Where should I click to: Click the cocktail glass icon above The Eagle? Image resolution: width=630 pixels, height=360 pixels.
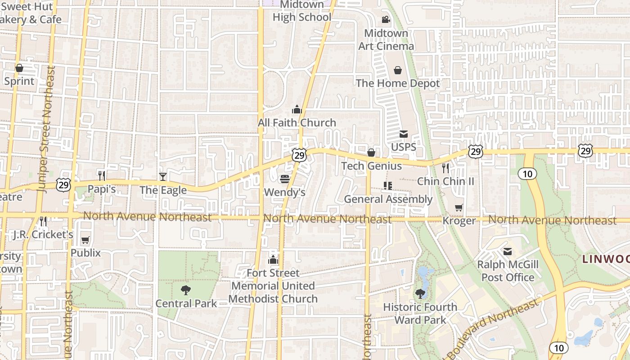(162, 176)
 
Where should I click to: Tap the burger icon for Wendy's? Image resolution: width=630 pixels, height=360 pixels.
(284, 179)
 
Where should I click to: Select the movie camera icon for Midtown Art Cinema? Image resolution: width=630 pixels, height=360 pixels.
(386, 19)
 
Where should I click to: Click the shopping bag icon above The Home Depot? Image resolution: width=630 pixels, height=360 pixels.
(398, 70)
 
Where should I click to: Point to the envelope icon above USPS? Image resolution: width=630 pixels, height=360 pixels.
(403, 134)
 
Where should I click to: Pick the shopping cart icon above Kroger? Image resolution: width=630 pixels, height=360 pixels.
(459, 207)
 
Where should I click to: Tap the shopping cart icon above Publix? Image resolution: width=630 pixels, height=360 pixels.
(85, 240)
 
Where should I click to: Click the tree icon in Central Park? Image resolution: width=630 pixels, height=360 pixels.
(185, 290)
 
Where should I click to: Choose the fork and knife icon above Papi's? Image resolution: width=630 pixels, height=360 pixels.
(102, 175)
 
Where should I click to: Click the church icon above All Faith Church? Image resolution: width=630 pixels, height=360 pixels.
(297, 109)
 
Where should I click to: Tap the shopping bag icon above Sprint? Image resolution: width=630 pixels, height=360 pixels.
(19, 68)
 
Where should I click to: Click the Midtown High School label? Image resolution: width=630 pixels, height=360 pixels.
(302, 11)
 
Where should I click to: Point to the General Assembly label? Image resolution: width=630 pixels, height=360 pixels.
(388, 199)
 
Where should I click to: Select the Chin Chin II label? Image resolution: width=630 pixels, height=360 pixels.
(445, 181)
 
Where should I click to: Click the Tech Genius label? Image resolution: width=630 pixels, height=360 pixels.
(371, 166)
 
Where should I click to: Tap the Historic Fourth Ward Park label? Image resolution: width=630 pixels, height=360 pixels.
(420, 314)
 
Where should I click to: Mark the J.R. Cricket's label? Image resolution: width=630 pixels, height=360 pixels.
(43, 234)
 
